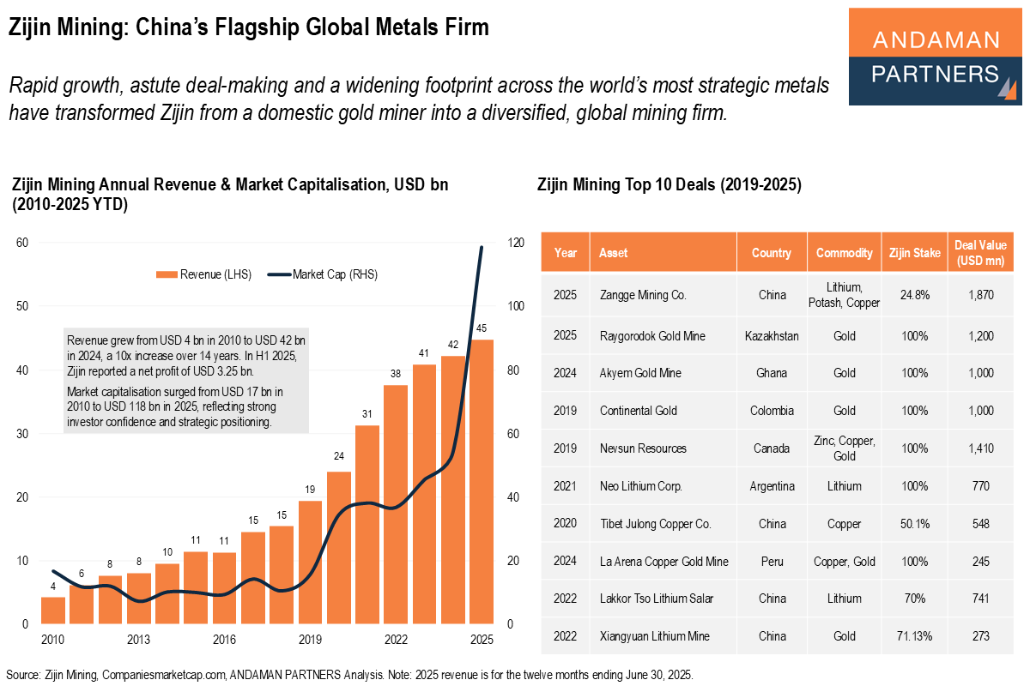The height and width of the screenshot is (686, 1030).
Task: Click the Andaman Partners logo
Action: click(935, 57)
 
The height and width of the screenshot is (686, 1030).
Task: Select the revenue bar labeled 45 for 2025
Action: click(481, 480)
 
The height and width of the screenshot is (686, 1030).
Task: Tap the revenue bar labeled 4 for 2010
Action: click(53, 610)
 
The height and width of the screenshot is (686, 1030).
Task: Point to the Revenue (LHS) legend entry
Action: click(203, 274)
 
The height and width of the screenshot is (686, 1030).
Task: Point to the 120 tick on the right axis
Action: click(516, 243)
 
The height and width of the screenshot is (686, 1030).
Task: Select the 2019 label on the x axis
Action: click(310, 640)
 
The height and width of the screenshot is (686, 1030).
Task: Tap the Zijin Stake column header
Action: click(915, 253)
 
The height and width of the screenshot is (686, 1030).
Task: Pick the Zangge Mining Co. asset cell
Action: click(643, 295)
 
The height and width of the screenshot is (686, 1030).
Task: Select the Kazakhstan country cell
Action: click(772, 336)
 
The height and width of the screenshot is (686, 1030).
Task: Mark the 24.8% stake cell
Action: click(915, 295)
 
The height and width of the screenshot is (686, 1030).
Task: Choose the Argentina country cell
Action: click(772, 486)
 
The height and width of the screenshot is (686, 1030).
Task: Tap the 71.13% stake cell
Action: click(915, 636)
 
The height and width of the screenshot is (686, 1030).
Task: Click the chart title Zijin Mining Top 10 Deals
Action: click(669, 184)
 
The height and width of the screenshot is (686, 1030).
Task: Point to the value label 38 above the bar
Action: click(396, 374)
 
